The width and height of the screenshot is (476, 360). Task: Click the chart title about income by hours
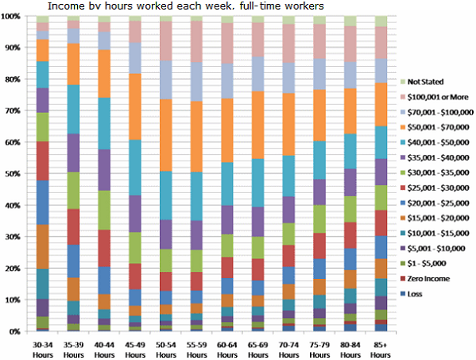pyautogui.click(x=185, y=6)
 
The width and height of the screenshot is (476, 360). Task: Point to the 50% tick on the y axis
pyautogui.click(x=13, y=173)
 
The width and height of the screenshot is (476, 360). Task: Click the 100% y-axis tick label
pyautogui.click(x=11, y=16)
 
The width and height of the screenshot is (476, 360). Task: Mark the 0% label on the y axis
pyautogui.click(x=15, y=331)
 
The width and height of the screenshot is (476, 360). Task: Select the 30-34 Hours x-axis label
pyautogui.click(x=42, y=350)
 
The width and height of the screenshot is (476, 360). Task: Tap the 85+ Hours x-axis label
pyautogui.click(x=381, y=350)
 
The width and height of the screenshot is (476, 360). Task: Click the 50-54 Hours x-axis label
pyautogui.click(x=166, y=350)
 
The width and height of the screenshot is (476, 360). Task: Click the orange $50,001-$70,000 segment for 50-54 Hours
pyautogui.click(x=166, y=135)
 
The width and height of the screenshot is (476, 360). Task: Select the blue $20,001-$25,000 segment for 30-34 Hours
pyautogui.click(x=42, y=203)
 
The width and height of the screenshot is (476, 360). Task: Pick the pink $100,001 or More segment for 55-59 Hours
pyautogui.click(x=197, y=41)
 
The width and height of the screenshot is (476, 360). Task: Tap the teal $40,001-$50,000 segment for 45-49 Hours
pyautogui.click(x=135, y=168)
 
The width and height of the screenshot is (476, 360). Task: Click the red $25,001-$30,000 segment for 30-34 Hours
pyautogui.click(x=42, y=161)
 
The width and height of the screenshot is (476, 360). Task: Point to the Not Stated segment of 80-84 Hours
pyautogui.click(x=350, y=21)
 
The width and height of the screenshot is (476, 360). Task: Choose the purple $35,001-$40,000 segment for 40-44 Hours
pyautogui.click(x=104, y=170)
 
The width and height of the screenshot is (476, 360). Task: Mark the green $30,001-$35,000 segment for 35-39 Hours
pyautogui.click(x=73, y=191)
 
